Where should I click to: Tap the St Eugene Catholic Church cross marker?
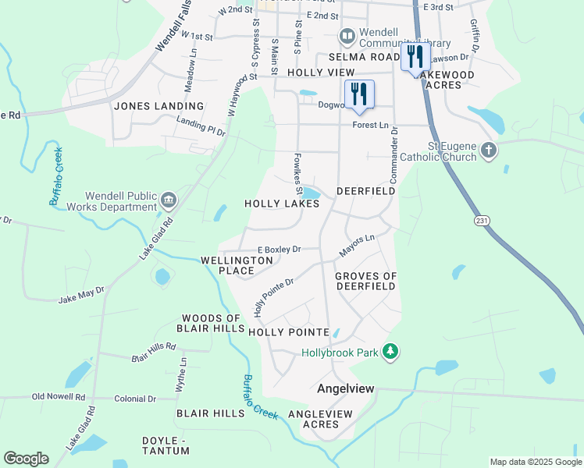tap(488, 150)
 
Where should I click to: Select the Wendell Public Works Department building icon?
tap(168, 201)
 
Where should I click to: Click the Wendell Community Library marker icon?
tap(347, 36)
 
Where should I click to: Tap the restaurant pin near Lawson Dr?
tap(415, 56)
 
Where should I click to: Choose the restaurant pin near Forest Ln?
tap(359, 94)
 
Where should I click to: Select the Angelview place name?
tap(346, 388)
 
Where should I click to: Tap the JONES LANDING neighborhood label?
tap(158, 106)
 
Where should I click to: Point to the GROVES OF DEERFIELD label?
tap(365, 281)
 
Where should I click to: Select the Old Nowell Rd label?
tap(58, 398)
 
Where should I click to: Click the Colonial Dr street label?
tap(135, 398)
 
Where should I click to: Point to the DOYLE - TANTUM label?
tap(166, 445)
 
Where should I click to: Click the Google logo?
tap(26, 459)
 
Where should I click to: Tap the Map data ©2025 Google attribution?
tap(535, 462)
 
